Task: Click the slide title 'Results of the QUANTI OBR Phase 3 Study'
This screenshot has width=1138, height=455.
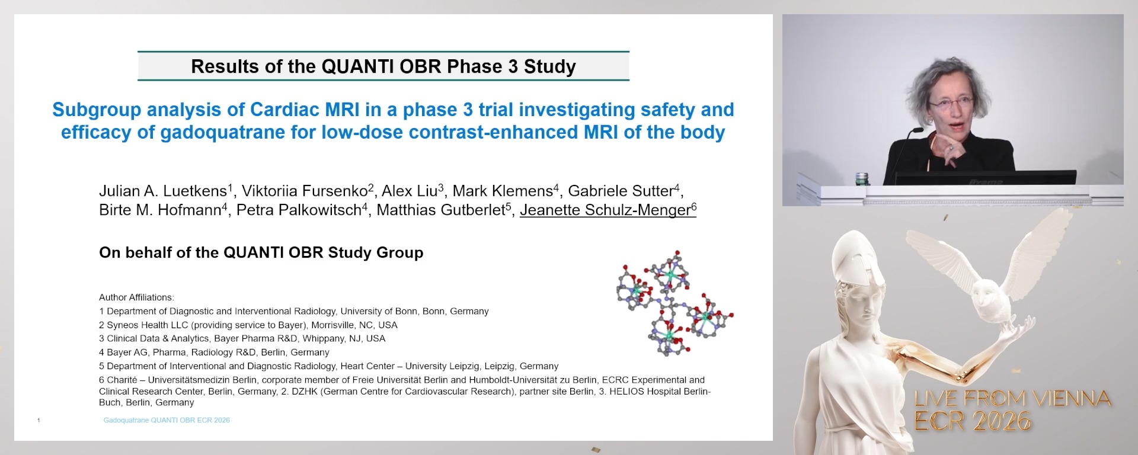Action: pos(383,66)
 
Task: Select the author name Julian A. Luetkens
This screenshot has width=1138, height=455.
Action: pos(163,191)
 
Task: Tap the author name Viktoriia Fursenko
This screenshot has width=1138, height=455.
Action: pos(305,191)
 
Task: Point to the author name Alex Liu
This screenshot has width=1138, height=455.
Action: pos(410,191)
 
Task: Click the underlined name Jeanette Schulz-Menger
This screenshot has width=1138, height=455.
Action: pos(605,210)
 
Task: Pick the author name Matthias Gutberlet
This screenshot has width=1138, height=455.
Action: pos(441,210)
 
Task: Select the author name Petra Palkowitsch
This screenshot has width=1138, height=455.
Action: pos(299,210)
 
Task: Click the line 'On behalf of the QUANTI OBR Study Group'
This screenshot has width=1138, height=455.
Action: pos(261,252)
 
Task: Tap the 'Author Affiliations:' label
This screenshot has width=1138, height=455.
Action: pos(136,297)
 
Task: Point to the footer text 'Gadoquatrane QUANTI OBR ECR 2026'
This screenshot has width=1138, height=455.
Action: pos(167,420)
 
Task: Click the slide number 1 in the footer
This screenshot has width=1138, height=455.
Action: pos(39,421)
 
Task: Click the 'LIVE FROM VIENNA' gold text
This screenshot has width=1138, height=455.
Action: pos(1012,399)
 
